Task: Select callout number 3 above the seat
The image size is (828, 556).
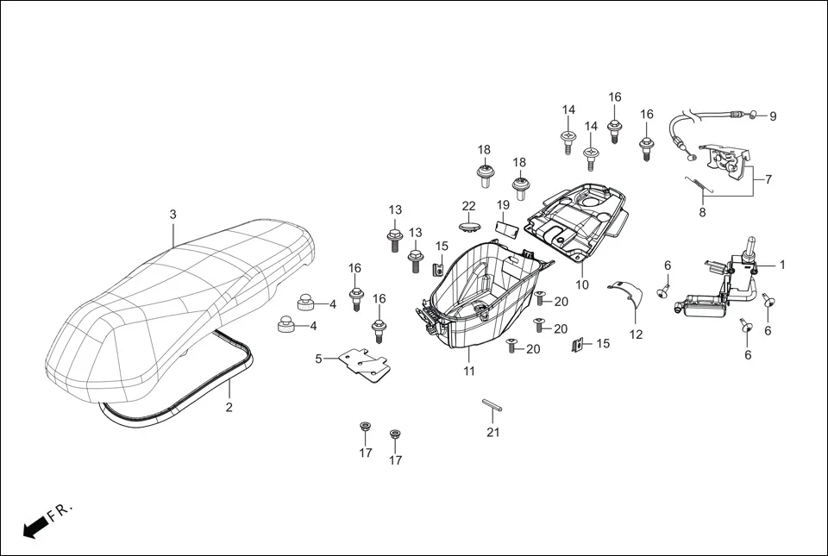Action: [x=172, y=214]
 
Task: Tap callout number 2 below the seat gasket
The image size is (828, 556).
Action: [x=229, y=408]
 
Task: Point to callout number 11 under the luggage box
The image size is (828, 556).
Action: [x=469, y=372]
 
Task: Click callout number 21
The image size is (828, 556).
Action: [x=492, y=432]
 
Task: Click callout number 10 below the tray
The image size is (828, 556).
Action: [x=582, y=284]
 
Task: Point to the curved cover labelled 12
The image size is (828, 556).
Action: [x=628, y=293]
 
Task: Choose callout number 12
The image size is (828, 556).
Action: [x=636, y=334]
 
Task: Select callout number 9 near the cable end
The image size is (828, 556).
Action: [x=773, y=116]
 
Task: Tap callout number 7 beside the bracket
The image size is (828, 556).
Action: [x=768, y=179]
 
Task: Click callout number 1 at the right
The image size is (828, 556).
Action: [x=782, y=265]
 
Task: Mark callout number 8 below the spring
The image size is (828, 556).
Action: [x=702, y=213]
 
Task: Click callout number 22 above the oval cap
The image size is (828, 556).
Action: [x=468, y=205]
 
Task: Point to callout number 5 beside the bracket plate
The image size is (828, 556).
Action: [x=318, y=359]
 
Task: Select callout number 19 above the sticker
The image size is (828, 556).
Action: [x=503, y=205]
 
